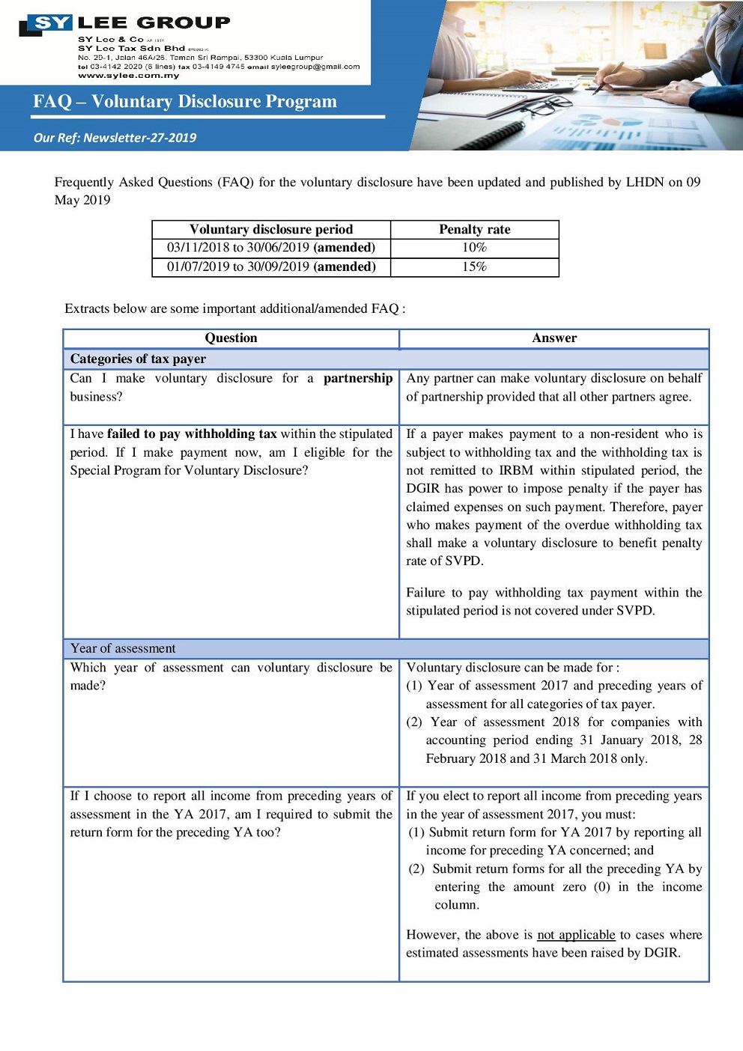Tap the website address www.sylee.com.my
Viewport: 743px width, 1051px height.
tap(128, 76)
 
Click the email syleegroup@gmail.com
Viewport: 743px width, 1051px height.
tap(315, 67)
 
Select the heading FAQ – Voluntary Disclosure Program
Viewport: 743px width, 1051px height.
tap(185, 101)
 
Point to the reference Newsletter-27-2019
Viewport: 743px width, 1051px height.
tap(139, 138)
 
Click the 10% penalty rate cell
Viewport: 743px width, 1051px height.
tap(474, 248)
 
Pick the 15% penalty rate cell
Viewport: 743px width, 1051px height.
tap(474, 266)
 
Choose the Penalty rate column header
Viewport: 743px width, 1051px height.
tap(474, 230)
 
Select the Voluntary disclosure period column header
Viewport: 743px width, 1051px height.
tap(270, 230)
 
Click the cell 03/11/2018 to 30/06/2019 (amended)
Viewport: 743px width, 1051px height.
tap(270, 248)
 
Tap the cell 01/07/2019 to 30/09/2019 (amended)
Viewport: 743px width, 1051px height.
tap(270, 266)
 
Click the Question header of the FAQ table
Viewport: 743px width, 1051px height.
tap(231, 338)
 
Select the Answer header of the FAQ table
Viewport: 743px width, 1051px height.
tap(554, 338)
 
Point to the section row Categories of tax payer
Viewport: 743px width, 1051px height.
tap(138, 359)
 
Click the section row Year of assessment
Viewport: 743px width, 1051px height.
tap(123, 648)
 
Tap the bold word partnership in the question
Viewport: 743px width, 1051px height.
tap(357, 379)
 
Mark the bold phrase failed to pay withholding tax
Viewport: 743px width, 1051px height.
tap(192, 434)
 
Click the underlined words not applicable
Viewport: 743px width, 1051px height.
tap(576, 935)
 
